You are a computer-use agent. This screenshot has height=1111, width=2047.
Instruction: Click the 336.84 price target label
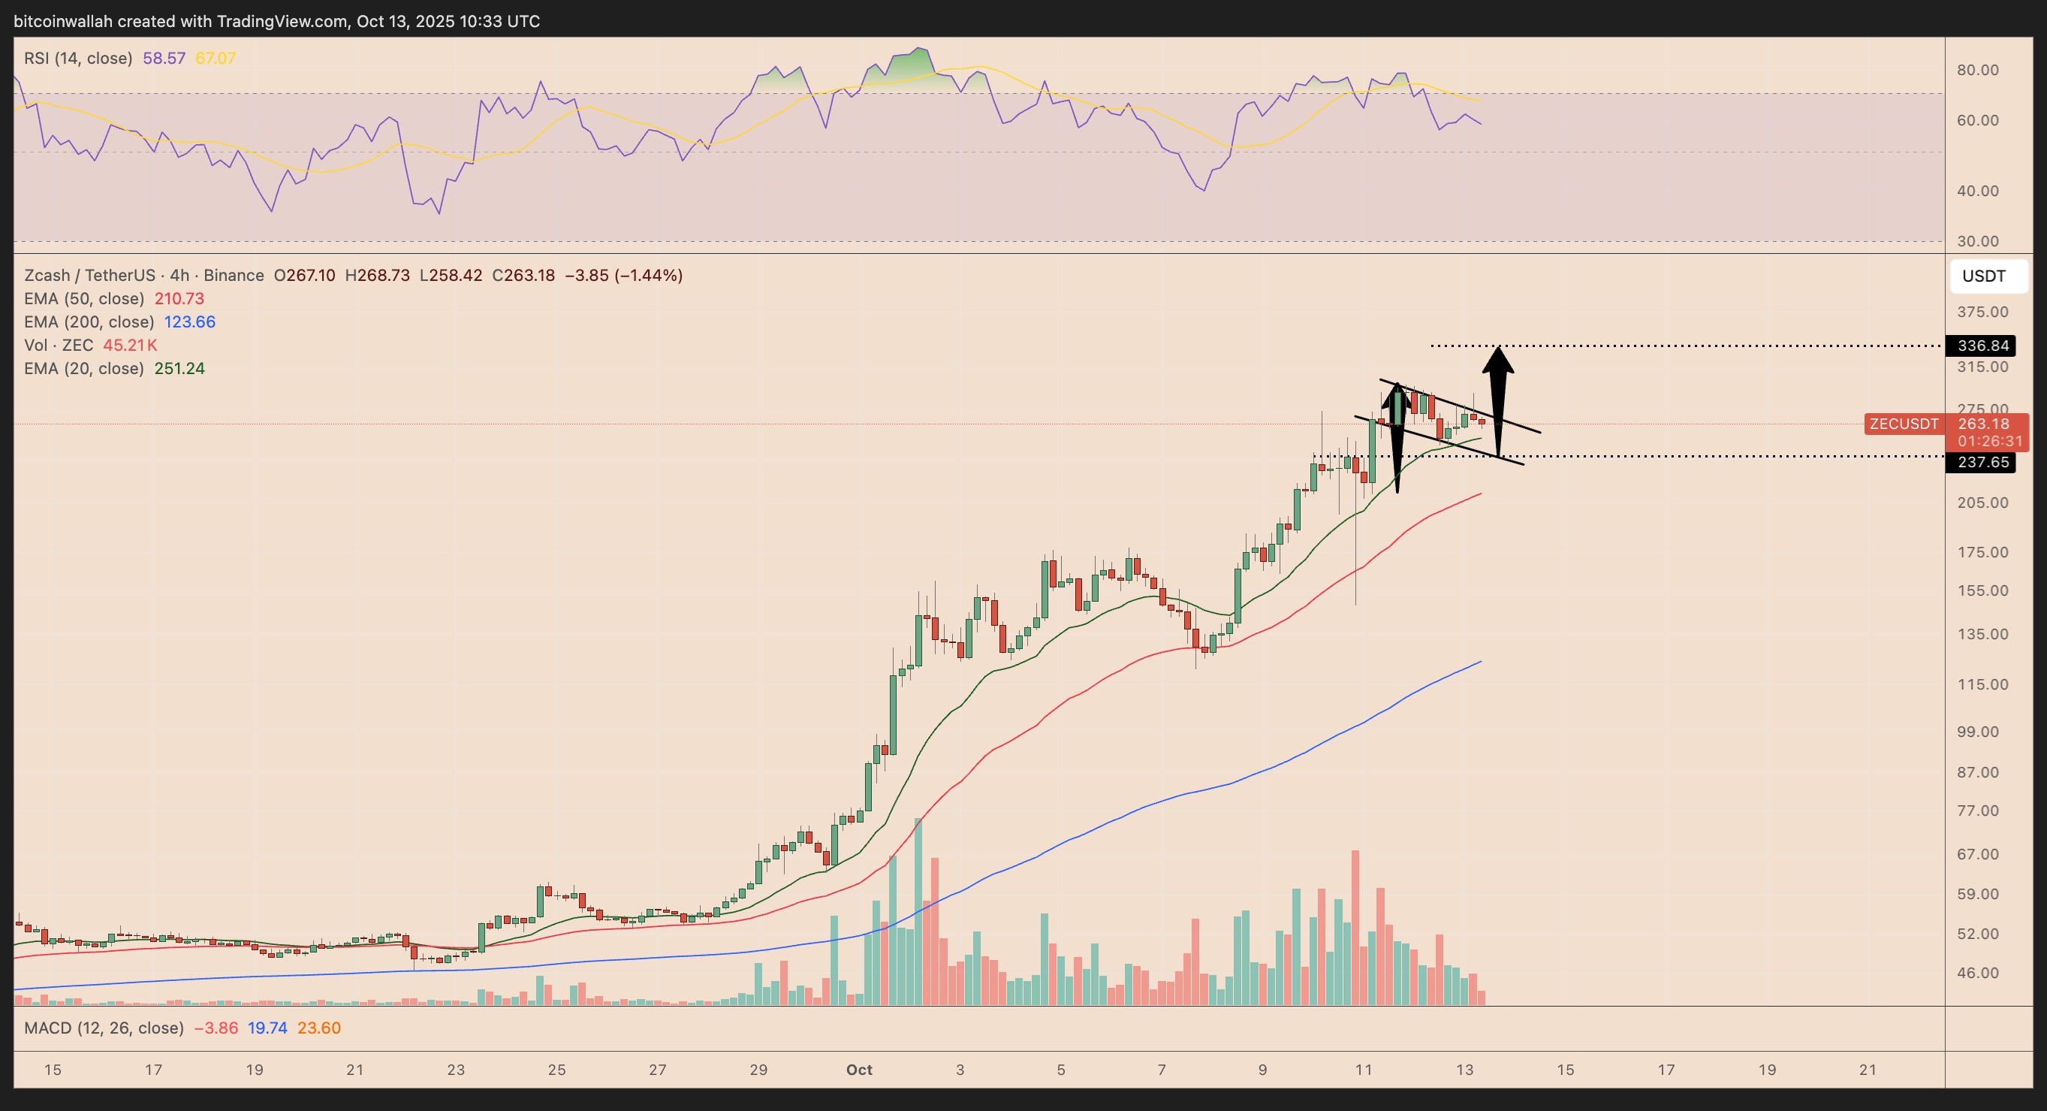(1982, 346)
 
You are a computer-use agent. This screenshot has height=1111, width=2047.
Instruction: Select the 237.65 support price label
(1982, 463)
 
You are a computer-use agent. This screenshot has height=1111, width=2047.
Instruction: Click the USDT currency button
(1983, 276)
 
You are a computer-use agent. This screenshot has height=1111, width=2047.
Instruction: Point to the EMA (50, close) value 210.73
(179, 299)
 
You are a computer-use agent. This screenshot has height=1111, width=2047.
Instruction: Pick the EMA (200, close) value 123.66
(189, 322)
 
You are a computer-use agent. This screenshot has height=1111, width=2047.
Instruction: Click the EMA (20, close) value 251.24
(179, 369)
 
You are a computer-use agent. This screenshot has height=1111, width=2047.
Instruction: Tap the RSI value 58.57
(164, 58)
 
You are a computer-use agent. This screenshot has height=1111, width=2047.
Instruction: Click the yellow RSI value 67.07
(216, 58)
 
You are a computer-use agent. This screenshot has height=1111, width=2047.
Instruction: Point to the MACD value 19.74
(267, 1028)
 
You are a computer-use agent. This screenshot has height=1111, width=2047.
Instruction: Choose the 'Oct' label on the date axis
(859, 1070)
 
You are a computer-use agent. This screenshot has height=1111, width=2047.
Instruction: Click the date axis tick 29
(758, 1070)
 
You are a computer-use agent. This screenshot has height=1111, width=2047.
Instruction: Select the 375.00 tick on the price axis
(1982, 312)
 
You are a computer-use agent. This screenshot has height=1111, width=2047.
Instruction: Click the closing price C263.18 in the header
(523, 276)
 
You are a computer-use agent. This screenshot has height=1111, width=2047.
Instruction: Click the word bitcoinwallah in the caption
(64, 22)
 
